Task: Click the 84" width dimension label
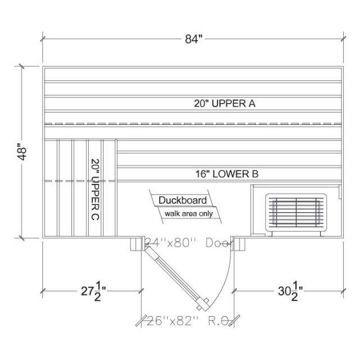(x=194, y=39)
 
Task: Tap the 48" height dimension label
(x=22, y=152)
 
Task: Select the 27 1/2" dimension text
(x=93, y=291)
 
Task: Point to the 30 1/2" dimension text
(x=290, y=291)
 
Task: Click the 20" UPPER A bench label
(x=224, y=103)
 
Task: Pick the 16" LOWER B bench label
(x=227, y=174)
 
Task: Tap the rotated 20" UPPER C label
(x=95, y=190)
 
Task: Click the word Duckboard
(x=182, y=200)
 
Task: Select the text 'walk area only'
(x=189, y=214)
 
